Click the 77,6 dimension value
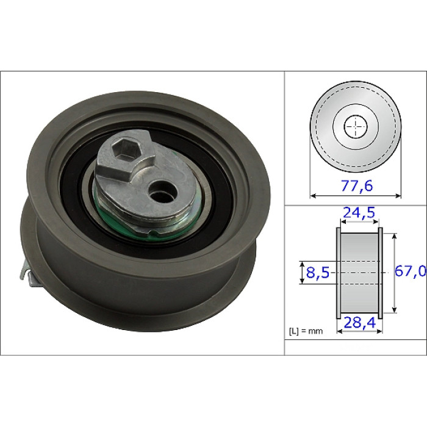pos(356,186)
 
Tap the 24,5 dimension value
pos(359,213)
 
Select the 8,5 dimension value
pos(318,272)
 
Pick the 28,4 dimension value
pos(360,323)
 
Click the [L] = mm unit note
pos(306,331)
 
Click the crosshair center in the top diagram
pos(356,127)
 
